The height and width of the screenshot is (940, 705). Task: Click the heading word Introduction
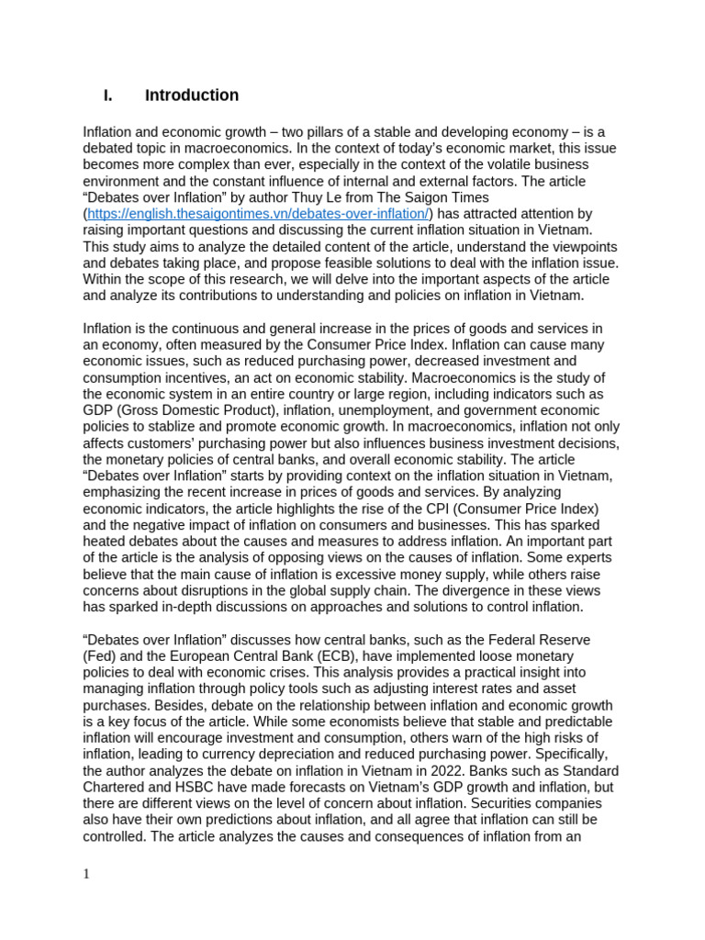point(191,95)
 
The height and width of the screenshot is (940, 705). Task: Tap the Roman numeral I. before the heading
point(107,95)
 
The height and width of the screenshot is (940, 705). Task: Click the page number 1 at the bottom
point(86,874)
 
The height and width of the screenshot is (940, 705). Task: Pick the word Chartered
point(116,786)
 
